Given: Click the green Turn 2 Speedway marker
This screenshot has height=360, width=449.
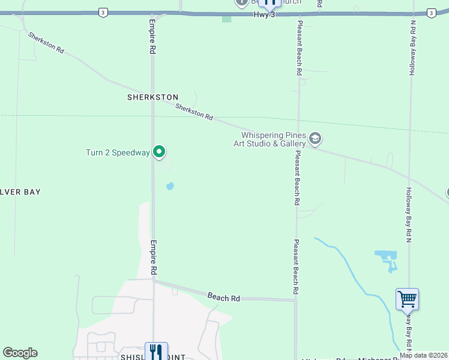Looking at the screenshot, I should (x=159, y=152).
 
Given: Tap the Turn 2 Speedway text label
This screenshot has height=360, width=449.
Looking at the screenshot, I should (x=118, y=152).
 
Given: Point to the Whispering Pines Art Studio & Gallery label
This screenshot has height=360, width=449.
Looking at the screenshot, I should (x=273, y=140).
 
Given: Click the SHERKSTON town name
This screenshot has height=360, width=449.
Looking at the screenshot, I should (x=153, y=97).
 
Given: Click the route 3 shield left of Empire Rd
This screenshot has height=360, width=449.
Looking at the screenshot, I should (x=103, y=12).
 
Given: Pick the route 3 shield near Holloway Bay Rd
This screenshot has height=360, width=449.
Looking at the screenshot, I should (x=431, y=13).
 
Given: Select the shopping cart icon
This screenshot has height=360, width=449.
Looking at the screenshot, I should (x=407, y=298).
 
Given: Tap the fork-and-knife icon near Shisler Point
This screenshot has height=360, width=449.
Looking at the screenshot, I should (x=155, y=351).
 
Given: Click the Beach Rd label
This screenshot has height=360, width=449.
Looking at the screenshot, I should (x=224, y=297).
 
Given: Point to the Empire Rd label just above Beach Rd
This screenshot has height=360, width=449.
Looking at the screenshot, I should (x=154, y=258).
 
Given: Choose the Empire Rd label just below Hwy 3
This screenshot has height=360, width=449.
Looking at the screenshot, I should (x=152, y=37).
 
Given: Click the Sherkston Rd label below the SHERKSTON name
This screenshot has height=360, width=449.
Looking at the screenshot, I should (x=194, y=112).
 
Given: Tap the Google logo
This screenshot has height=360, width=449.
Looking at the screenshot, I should (x=20, y=353).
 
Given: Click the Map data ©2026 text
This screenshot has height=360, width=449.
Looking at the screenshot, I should (x=424, y=356).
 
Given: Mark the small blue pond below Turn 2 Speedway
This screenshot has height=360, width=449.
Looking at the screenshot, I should (x=170, y=186).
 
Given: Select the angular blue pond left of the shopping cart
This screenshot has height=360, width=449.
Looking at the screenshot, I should (x=387, y=259).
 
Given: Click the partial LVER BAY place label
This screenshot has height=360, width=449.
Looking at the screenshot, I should (x=20, y=192).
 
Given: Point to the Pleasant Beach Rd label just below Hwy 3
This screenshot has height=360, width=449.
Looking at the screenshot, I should (x=299, y=48).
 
